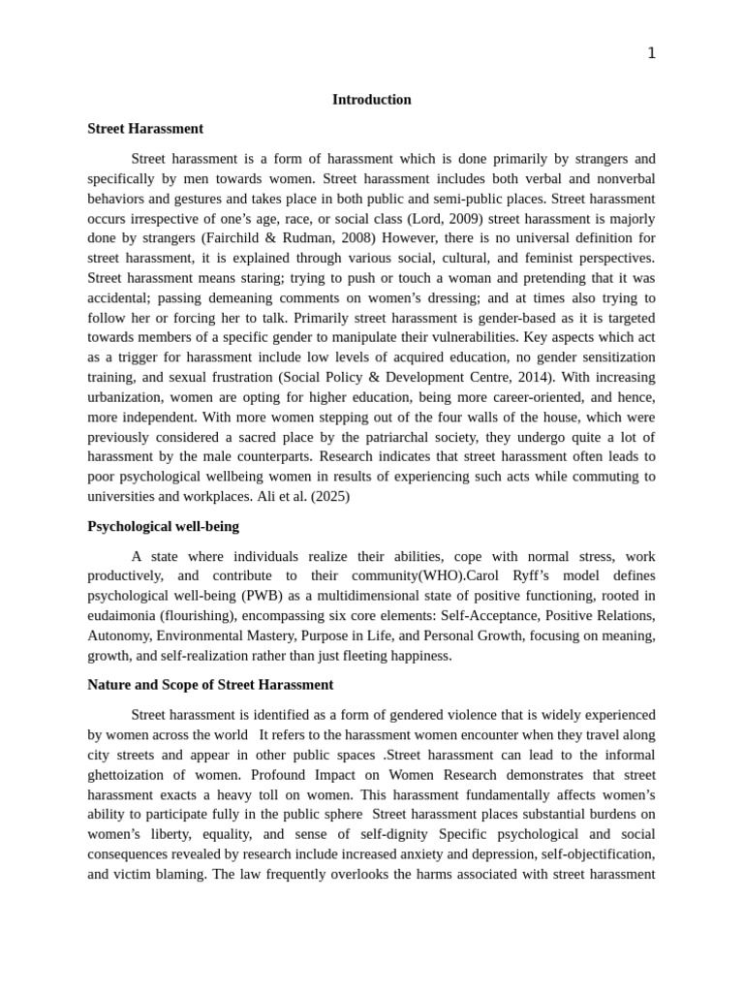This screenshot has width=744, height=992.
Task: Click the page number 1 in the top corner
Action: [651, 53]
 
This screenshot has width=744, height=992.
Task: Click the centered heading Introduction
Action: [372, 100]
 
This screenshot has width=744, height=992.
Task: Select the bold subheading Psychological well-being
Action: [163, 526]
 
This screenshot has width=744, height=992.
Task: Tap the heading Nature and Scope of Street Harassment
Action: [210, 684]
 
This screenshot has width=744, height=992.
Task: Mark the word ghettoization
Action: [130, 775]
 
